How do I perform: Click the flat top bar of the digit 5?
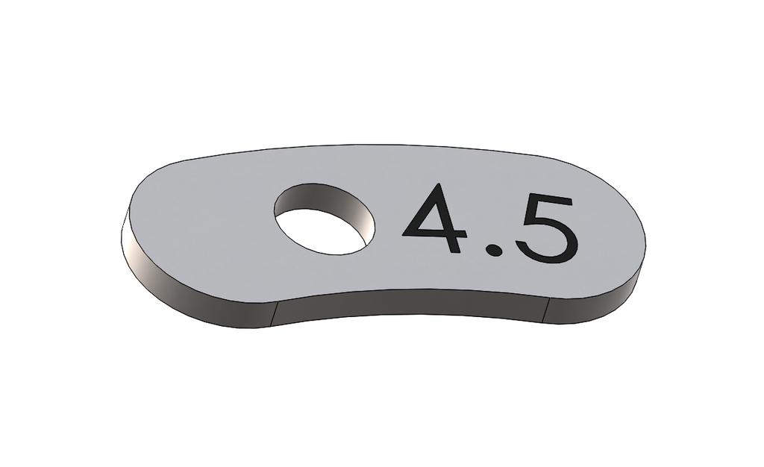[x=548, y=201]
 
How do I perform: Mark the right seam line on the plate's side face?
[x=545, y=310]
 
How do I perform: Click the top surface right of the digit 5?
[x=608, y=231]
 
